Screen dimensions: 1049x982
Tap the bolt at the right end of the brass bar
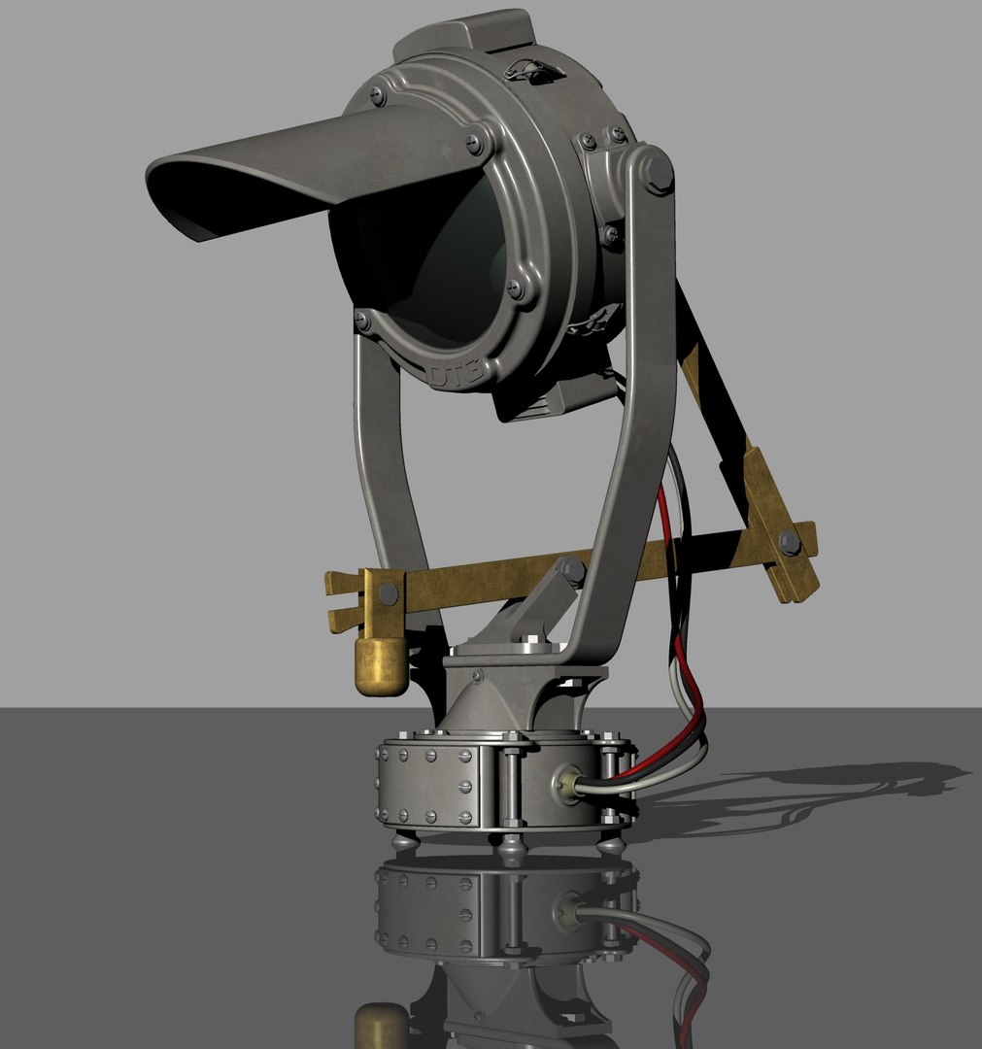pos(790,542)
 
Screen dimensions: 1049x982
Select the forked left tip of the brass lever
pos(335,602)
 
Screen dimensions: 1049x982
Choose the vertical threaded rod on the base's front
pos(513,787)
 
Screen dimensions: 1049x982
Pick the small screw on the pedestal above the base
pos(478,675)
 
